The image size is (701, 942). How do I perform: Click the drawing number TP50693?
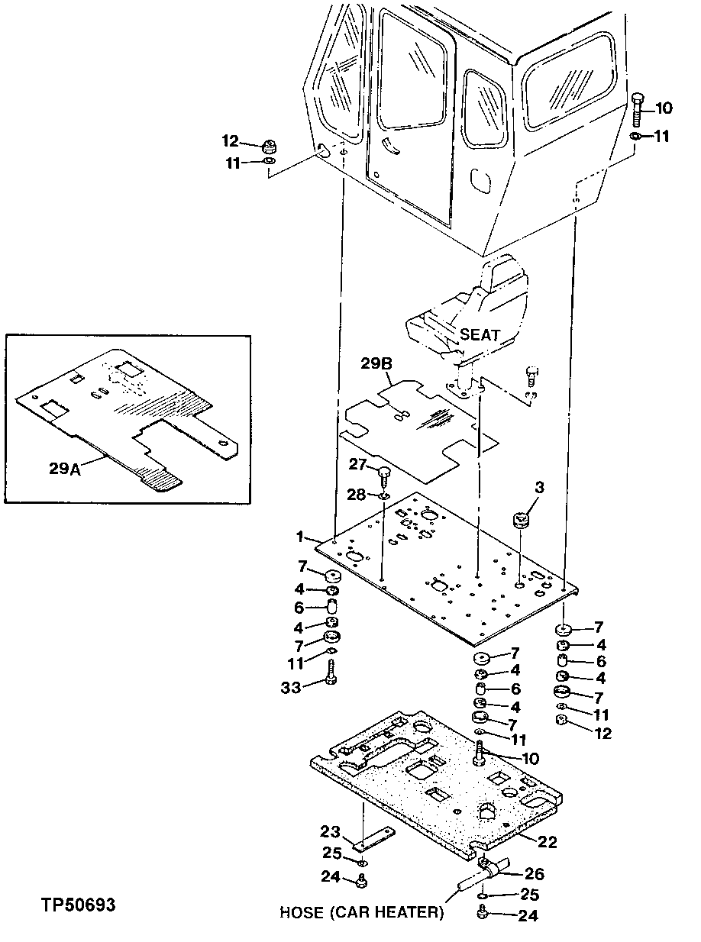pyautogui.click(x=79, y=905)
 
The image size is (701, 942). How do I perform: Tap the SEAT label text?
pyautogui.click(x=480, y=334)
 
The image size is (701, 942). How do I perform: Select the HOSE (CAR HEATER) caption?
pyautogui.click(x=360, y=912)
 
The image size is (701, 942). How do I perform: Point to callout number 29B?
pyautogui.click(x=376, y=366)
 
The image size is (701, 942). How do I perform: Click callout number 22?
pyautogui.click(x=548, y=842)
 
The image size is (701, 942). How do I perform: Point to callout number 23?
pyautogui.click(x=330, y=831)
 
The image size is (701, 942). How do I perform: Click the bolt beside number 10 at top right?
pyautogui.click(x=638, y=108)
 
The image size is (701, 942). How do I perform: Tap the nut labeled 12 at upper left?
pyautogui.click(x=269, y=144)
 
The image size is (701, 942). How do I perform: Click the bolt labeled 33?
pyautogui.click(x=331, y=674)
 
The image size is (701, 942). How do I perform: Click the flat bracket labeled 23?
pyautogui.click(x=373, y=839)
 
